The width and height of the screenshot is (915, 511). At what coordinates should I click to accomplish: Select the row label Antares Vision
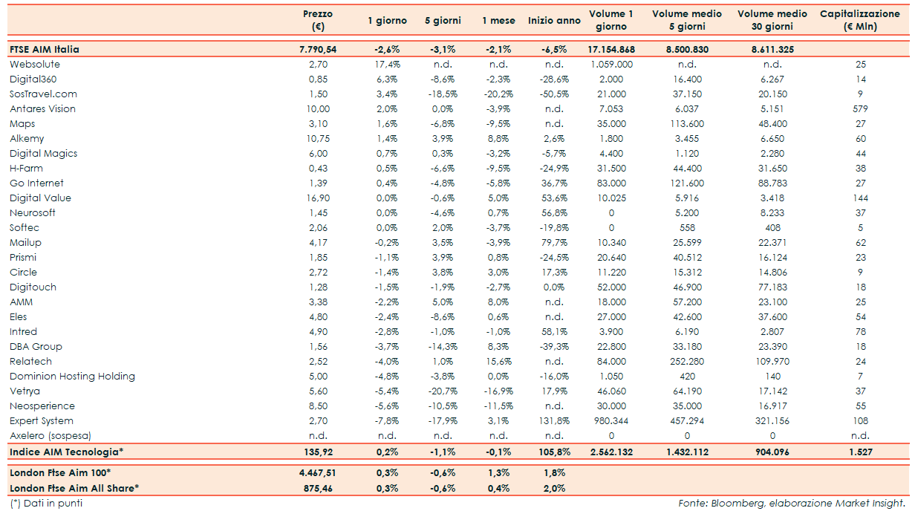[x=42, y=108]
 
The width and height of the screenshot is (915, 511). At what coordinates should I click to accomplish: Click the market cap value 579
[x=861, y=108]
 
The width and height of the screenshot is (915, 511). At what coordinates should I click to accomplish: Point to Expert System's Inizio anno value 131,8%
[x=553, y=420]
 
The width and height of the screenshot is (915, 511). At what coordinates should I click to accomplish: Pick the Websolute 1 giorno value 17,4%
[x=386, y=64]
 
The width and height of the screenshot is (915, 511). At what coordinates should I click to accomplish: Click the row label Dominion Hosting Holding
[x=72, y=376]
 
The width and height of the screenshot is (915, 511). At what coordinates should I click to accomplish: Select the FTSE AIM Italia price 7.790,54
[x=317, y=49]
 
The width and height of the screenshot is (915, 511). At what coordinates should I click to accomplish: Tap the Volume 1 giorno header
[x=610, y=20]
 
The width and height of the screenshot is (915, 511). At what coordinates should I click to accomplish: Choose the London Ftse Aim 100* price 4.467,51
[x=317, y=472]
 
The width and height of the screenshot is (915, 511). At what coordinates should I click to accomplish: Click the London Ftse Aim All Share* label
[x=74, y=488]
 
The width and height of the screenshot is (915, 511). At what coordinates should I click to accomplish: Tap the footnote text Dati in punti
[x=46, y=504]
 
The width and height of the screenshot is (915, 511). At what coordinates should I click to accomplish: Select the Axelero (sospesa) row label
[x=49, y=435]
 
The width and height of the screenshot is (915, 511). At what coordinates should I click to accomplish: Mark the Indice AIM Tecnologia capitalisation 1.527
[x=861, y=452]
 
